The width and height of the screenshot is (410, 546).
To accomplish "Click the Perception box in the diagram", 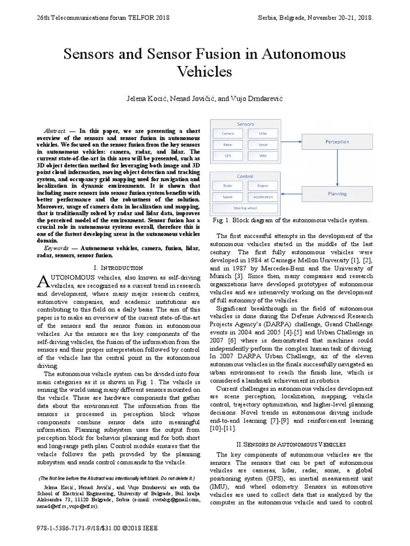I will [x=337, y=142].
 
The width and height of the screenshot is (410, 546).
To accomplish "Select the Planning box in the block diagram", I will [x=337, y=194].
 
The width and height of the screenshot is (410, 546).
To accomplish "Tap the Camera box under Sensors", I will [x=228, y=133].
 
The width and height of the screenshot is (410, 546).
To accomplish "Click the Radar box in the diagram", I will [x=228, y=144].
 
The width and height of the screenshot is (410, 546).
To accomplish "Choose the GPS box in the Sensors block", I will [x=228, y=156].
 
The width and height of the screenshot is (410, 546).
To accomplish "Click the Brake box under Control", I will [x=228, y=186].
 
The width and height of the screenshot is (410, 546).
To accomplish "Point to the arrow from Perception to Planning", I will [x=337, y=167].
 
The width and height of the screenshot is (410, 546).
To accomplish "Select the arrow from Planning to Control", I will [x=296, y=194].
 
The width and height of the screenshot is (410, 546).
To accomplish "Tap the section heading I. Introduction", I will [x=118, y=267].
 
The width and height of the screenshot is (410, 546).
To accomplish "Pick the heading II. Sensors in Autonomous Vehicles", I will [x=291, y=444].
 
